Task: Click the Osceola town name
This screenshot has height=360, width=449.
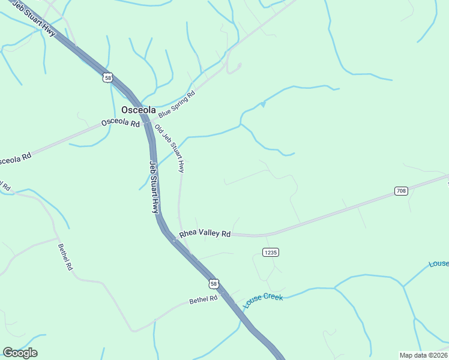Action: [139, 110]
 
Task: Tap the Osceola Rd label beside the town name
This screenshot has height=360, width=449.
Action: [120, 122]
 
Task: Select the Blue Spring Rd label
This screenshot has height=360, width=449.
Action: [177, 104]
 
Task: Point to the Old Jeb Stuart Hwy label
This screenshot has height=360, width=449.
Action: [169, 149]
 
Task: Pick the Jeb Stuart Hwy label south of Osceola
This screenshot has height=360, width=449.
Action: [154, 187]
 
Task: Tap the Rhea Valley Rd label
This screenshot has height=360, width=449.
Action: [205, 233]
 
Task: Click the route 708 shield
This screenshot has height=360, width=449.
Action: [402, 191]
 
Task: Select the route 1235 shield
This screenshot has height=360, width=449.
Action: [271, 253]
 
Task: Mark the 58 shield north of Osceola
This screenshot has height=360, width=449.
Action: [107, 77]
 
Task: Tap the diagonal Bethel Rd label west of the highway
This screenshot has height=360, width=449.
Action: [65, 256]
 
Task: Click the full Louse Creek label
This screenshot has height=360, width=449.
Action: [263, 301]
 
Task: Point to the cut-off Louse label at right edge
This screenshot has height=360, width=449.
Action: [439, 264]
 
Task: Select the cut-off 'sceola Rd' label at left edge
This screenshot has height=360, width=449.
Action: [15, 160]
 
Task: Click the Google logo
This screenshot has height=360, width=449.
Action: [20, 353]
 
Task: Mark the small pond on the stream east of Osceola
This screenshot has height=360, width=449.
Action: [262, 105]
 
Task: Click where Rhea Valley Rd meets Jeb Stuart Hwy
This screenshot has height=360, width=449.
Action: [174, 239]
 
